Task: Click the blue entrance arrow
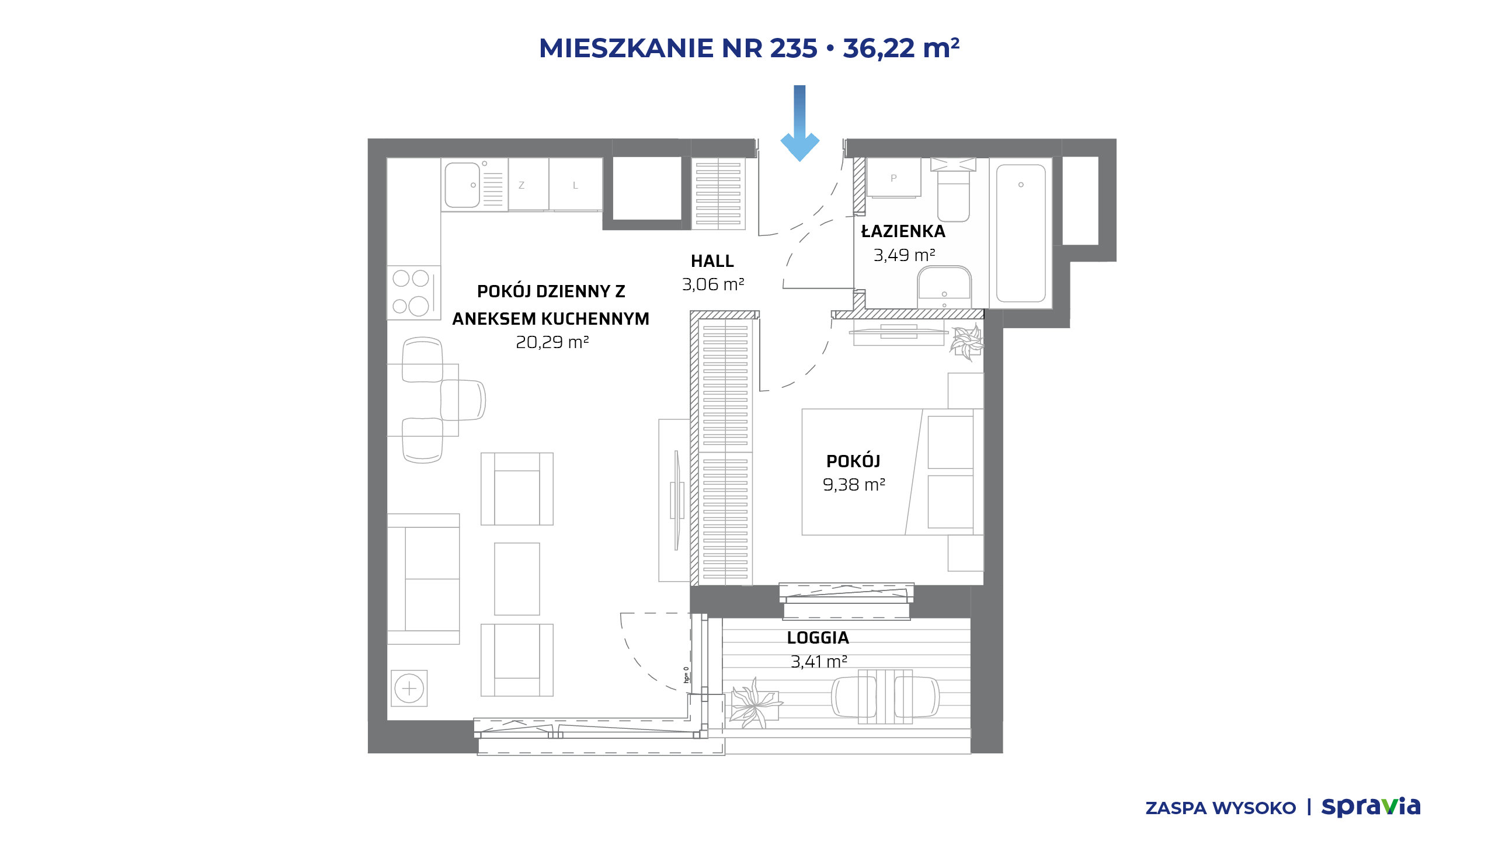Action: (x=800, y=123)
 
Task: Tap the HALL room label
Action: (x=712, y=261)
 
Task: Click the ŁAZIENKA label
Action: (x=903, y=231)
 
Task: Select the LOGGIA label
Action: (x=818, y=638)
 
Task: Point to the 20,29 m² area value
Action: (x=552, y=342)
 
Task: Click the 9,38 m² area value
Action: (x=854, y=485)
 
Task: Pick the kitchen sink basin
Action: (x=462, y=185)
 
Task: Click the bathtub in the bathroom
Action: (x=1021, y=233)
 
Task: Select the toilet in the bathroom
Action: (x=953, y=189)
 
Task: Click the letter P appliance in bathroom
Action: (x=893, y=178)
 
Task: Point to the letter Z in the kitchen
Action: (x=521, y=185)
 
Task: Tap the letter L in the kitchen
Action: (x=575, y=185)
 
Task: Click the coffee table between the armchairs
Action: (x=517, y=579)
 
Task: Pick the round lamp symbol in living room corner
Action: (x=409, y=688)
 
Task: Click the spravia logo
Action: (x=1371, y=807)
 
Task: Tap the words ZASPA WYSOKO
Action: (x=1221, y=808)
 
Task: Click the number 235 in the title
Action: (x=794, y=48)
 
